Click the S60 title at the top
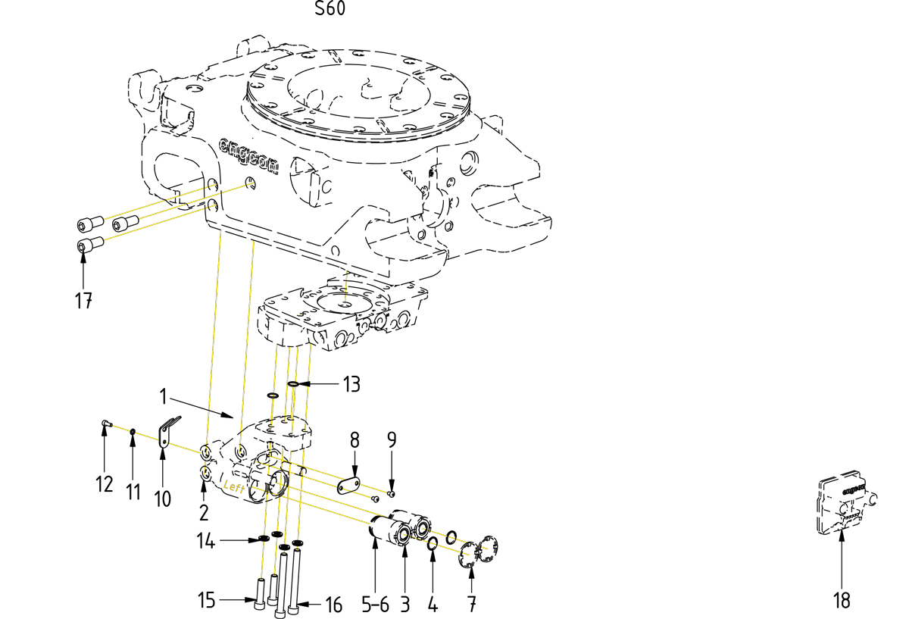coord(330,10)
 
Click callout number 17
coord(83,301)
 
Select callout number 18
coord(842,601)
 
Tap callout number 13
coord(351,384)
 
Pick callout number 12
coord(104,483)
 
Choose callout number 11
coord(133,492)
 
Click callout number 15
coord(207,602)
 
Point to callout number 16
coord(333,605)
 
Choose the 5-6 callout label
coord(376,605)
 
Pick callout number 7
coord(472,605)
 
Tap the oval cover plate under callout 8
coord(348,485)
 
